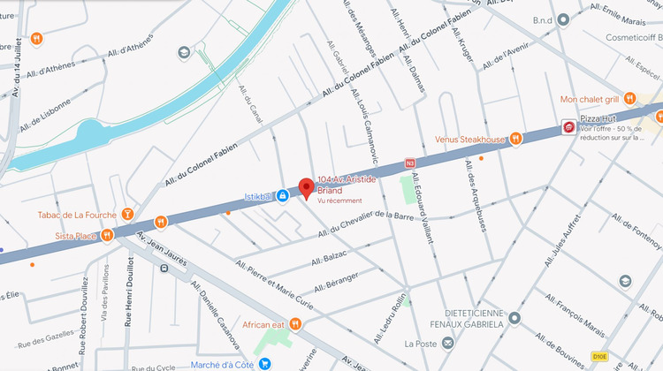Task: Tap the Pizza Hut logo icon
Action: (569, 128)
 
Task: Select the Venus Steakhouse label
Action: (469, 140)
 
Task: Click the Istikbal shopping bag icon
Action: (282, 195)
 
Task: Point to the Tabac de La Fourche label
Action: (78, 214)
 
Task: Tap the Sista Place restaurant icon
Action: (107, 235)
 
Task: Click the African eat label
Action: (264, 324)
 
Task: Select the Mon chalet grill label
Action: (591, 99)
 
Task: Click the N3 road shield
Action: (409, 163)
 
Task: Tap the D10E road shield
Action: (600, 356)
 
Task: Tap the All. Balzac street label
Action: (330, 257)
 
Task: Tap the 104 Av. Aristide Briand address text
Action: (347, 184)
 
